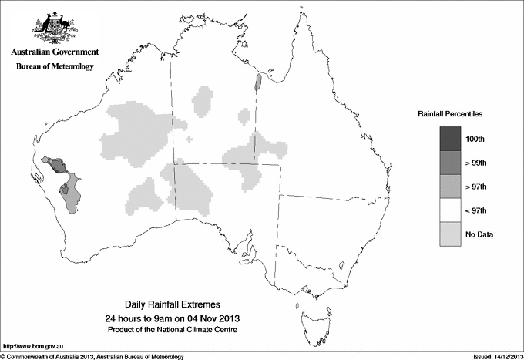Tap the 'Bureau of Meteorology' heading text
tap(55, 67)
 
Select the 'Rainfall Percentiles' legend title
tap(450, 114)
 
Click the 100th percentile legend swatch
tap(450, 139)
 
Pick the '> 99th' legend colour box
tap(450, 163)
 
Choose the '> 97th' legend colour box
tap(450, 187)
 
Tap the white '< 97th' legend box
tap(450, 210)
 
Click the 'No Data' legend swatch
tap(450, 234)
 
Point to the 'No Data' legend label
tap(479, 234)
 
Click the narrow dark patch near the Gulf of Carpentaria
tap(259, 82)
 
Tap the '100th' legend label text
tap(475, 139)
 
